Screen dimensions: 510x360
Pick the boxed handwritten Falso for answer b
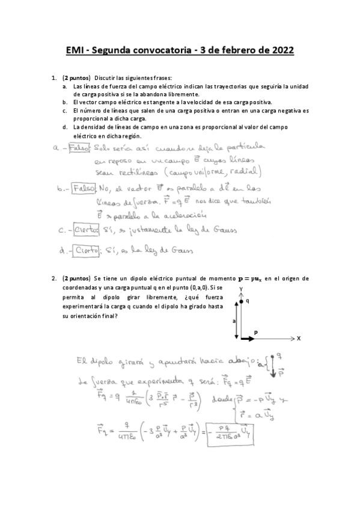point(84,188)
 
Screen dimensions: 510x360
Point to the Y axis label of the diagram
point(240,289)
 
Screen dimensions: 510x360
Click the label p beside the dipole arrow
point(255,332)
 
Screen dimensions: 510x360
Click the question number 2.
point(55,278)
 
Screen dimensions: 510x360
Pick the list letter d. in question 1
point(64,127)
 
